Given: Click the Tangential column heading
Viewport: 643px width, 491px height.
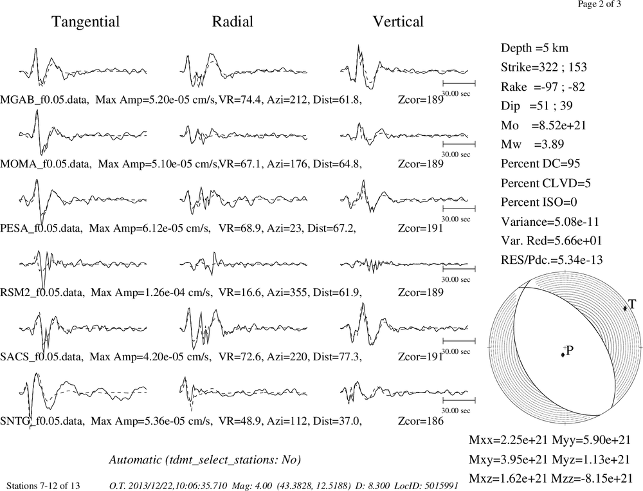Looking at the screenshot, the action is pyautogui.click(x=86, y=22).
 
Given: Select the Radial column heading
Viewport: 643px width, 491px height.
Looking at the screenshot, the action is pyautogui.click(x=233, y=22).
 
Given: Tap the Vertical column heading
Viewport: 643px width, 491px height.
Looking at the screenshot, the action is pyautogui.click(x=398, y=22).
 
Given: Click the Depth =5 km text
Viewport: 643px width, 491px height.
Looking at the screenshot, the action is pyautogui.click(x=534, y=48).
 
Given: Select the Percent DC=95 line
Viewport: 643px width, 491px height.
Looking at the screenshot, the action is pyautogui.click(x=541, y=164).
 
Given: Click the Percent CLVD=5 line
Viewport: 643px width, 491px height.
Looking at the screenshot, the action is pyautogui.click(x=546, y=183).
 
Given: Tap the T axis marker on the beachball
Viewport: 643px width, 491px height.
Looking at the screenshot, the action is pyautogui.click(x=625, y=308).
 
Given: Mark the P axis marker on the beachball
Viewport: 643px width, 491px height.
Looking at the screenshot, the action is pyautogui.click(x=563, y=355).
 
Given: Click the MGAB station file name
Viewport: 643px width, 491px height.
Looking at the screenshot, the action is pyautogui.click(x=44, y=100).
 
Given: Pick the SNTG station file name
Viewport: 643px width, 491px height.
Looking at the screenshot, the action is pyautogui.click(x=42, y=422).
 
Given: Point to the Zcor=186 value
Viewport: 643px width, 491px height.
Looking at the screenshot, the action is pyautogui.click(x=421, y=422).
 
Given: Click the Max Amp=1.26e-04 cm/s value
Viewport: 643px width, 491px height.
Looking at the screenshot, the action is pyautogui.click(x=151, y=293).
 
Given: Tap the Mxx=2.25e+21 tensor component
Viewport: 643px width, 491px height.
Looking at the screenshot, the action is pyautogui.click(x=509, y=440).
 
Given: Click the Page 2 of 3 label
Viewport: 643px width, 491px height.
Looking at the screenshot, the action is pyautogui.click(x=599, y=5).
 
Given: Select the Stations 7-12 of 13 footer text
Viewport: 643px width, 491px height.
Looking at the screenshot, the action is pyautogui.click(x=43, y=486).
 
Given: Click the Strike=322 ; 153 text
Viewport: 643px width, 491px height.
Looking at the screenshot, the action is pyautogui.click(x=544, y=68).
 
